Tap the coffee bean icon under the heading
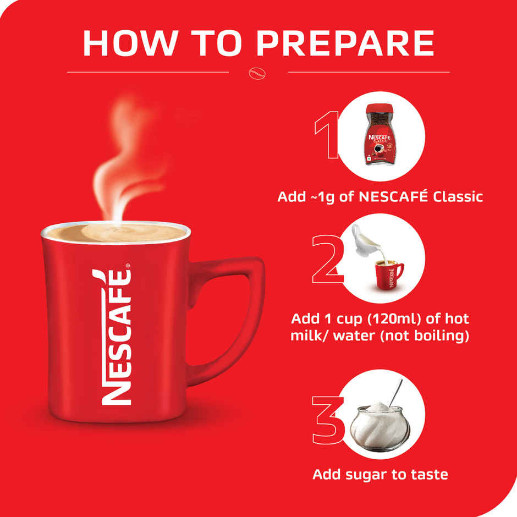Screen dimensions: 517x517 coord(257,72)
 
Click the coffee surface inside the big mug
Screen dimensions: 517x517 coord(116,232)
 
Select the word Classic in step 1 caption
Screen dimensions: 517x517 coord(458,196)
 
